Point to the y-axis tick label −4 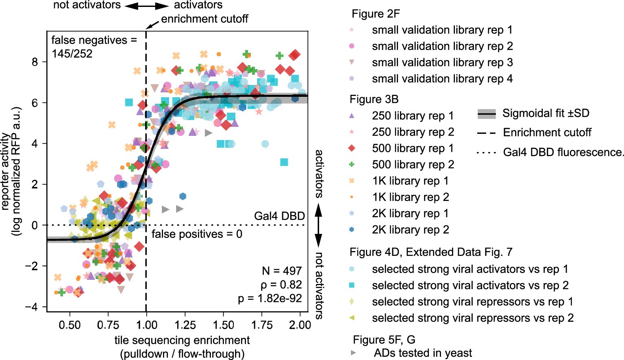[x=36, y=307]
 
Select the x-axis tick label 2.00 [x=300, y=325]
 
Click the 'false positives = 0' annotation [x=197, y=234]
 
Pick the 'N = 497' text [x=282, y=271]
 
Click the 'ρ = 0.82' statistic [x=281, y=284]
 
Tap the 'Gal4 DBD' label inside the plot [x=279, y=216]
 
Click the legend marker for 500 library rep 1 [x=352, y=148]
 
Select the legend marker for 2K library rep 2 [x=352, y=229]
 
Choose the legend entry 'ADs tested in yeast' [x=423, y=353]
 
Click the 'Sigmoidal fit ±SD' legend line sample [x=486, y=114]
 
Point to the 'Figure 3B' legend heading [x=374, y=99]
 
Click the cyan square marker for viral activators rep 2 [x=352, y=285]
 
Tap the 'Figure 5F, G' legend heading [x=384, y=340]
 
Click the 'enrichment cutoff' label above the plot [x=204, y=19]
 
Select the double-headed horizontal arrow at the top [x=146, y=6]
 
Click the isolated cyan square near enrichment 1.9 [x=284, y=162]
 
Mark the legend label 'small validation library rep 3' [x=442, y=62]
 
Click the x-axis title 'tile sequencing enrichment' [x=182, y=340]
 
